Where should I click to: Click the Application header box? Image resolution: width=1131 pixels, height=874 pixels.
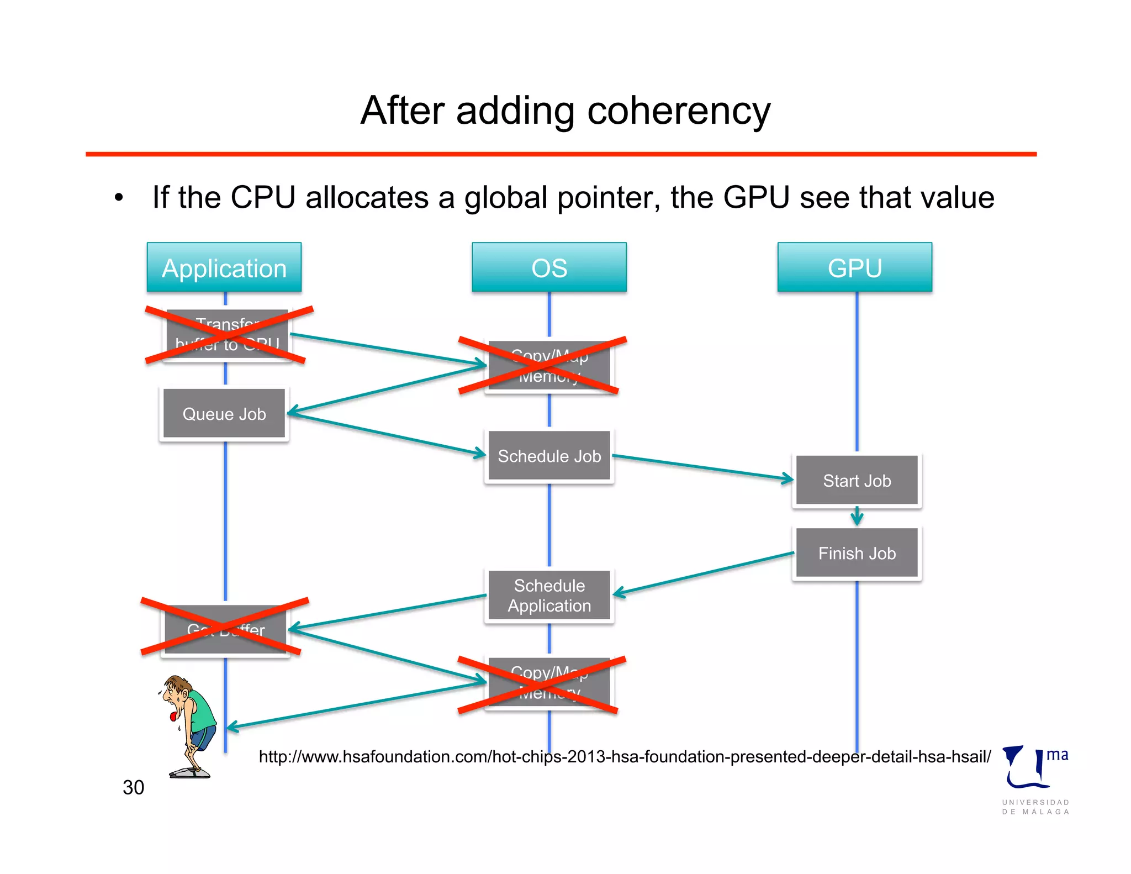(x=224, y=268)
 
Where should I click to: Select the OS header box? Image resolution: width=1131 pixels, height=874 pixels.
(x=549, y=268)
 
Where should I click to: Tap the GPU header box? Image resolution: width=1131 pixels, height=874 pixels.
(x=855, y=268)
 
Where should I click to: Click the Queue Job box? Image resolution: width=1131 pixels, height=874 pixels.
(x=224, y=414)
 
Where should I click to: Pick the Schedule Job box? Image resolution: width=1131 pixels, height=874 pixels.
(x=549, y=456)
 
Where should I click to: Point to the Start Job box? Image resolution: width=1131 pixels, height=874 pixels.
(x=857, y=481)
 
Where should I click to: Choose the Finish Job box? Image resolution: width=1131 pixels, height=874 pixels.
(x=857, y=553)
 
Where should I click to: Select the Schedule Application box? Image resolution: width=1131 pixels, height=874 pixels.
(x=549, y=596)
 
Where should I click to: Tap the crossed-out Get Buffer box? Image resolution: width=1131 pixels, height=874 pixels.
(x=225, y=629)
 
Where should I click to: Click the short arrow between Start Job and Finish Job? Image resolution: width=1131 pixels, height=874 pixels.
(x=857, y=516)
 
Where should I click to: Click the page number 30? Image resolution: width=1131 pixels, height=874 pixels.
(x=133, y=787)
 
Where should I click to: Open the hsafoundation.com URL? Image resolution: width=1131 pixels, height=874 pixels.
(x=625, y=756)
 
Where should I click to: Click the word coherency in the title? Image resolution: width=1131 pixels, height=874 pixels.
(x=679, y=111)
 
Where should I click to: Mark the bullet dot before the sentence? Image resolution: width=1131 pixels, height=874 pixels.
(x=119, y=198)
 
